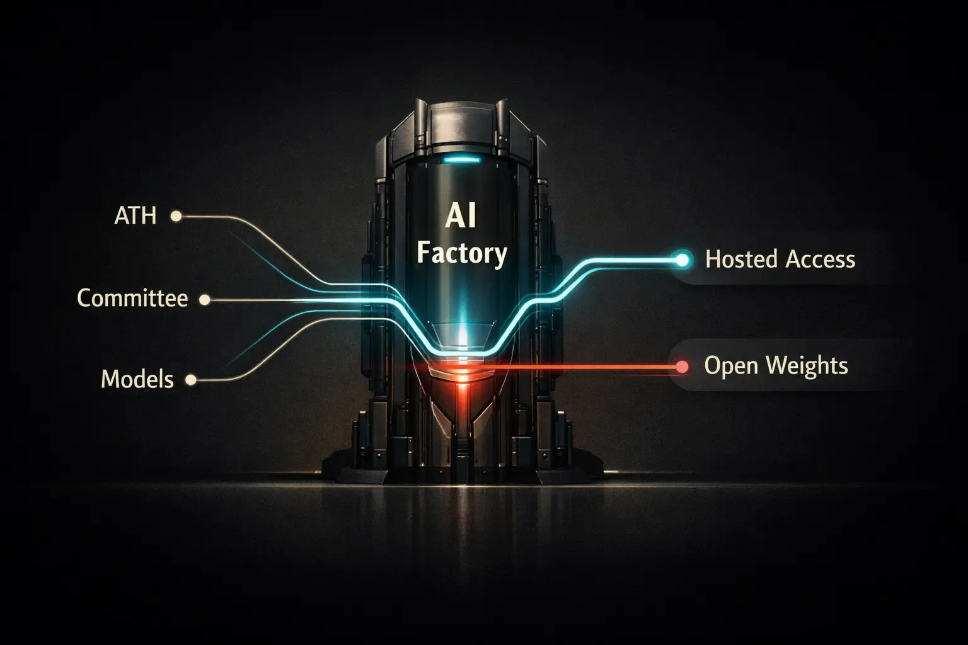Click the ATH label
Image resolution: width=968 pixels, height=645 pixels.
(135, 216)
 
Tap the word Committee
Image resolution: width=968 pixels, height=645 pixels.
(132, 298)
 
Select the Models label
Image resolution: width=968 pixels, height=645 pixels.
(137, 379)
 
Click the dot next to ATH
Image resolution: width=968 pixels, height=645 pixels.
(176, 216)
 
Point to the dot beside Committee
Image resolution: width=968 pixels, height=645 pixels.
(204, 300)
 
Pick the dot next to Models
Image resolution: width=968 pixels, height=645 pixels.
(190, 380)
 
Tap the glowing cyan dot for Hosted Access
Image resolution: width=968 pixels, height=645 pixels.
(681, 258)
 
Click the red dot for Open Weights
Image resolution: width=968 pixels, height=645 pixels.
(681, 366)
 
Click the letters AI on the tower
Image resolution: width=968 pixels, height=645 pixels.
(461, 217)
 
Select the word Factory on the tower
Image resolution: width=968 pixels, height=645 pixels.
(462, 254)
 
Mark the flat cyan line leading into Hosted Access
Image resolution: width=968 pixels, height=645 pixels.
(630, 259)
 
